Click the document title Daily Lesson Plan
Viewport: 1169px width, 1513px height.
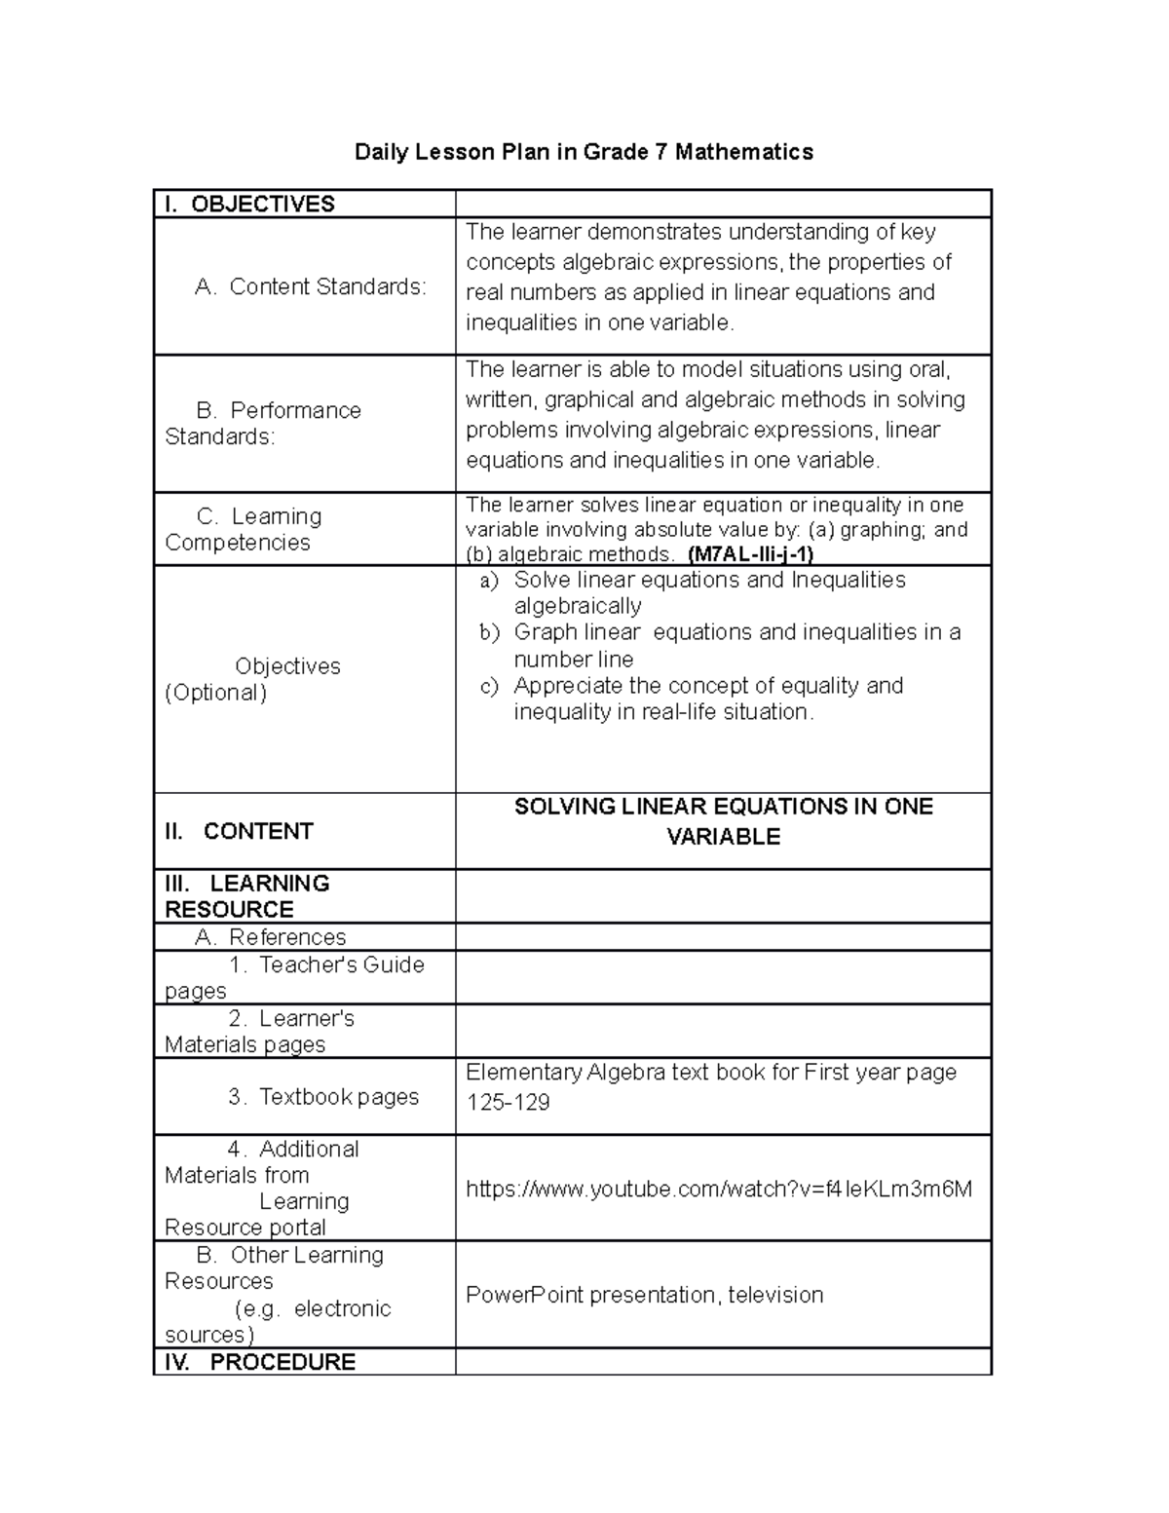(x=583, y=152)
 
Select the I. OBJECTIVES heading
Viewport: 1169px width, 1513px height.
(x=249, y=204)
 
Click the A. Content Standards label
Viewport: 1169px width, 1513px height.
(x=310, y=286)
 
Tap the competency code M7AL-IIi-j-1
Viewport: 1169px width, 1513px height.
(x=750, y=554)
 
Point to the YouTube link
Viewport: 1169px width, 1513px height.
(x=719, y=1189)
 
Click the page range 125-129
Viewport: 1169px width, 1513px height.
(x=508, y=1102)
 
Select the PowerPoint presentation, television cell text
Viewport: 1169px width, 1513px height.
(x=644, y=1295)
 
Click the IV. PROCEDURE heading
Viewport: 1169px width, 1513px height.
(x=259, y=1362)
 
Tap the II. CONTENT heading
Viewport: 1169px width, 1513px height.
(x=239, y=831)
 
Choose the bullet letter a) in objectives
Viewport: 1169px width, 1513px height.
(x=489, y=581)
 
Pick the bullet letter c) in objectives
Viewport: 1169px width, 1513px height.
(x=489, y=686)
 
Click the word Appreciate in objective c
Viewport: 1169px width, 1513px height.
(x=564, y=686)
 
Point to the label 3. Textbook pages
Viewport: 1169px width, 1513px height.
(x=323, y=1097)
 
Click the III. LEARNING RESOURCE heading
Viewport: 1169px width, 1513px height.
(x=247, y=896)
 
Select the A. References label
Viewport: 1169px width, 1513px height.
(x=270, y=937)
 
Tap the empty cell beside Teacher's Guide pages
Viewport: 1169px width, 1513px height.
(x=723, y=977)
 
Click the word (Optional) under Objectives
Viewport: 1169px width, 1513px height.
(x=215, y=693)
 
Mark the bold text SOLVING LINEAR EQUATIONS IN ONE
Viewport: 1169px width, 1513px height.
(x=723, y=807)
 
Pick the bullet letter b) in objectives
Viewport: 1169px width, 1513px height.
(x=489, y=633)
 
